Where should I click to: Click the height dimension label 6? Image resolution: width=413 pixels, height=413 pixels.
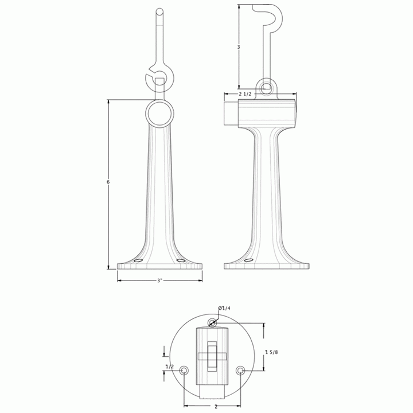(x=108, y=182)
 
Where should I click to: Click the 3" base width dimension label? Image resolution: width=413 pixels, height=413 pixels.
(x=159, y=280)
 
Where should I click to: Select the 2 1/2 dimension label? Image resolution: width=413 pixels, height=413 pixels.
(x=246, y=93)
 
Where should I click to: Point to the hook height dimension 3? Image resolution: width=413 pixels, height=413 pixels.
(x=239, y=47)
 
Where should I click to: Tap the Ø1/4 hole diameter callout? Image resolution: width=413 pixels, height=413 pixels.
(x=224, y=308)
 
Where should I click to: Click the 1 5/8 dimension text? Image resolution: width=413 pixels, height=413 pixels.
(x=271, y=352)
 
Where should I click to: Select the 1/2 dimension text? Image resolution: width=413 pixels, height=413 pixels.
(x=170, y=367)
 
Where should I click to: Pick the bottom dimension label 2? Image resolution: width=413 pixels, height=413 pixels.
(x=216, y=407)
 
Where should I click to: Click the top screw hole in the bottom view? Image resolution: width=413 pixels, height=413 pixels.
(x=213, y=322)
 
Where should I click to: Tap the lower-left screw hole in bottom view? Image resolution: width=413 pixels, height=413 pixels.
(x=184, y=371)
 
